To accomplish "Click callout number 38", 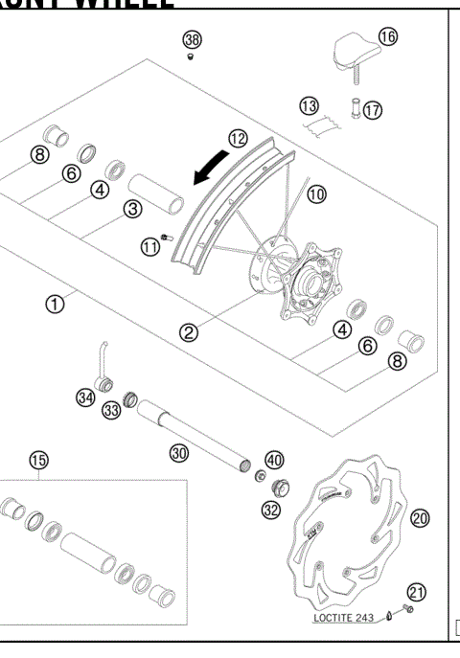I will tap(193, 39).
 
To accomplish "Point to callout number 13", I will tap(309, 103).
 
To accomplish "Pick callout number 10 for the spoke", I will tap(316, 193).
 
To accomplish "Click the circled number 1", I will tap(56, 304).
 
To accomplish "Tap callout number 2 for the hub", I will tap(189, 332).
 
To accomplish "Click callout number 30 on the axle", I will tap(177, 453).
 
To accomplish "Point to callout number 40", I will tap(274, 460).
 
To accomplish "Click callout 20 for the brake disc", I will tap(419, 518).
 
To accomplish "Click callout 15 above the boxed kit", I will tap(37, 460).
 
